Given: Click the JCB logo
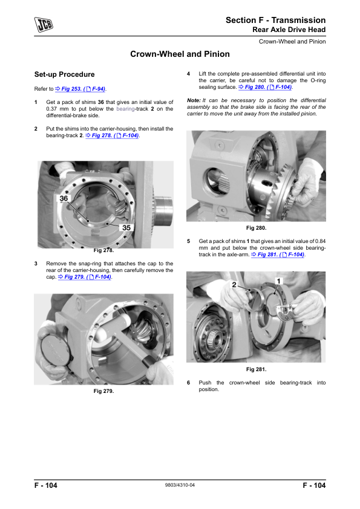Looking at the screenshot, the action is click(x=44, y=25).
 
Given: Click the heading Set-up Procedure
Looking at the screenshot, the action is click(x=64, y=74).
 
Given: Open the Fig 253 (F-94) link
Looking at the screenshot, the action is click(x=80, y=89).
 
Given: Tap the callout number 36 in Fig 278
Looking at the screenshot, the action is click(x=64, y=198).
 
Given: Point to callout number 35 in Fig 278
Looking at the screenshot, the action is click(x=126, y=227).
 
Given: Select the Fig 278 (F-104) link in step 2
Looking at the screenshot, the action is click(x=112, y=135).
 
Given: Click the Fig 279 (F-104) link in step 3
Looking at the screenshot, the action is click(x=85, y=277).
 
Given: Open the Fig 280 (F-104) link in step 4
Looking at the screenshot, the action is click(x=265, y=87).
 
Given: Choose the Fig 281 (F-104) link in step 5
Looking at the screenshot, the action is click(x=278, y=254).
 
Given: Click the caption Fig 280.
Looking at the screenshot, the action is click(x=256, y=228).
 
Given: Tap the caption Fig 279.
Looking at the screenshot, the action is click(x=103, y=391).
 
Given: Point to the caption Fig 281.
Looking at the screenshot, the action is click(x=256, y=369).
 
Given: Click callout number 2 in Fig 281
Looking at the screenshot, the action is click(x=234, y=285).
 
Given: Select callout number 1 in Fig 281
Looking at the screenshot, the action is click(x=278, y=281).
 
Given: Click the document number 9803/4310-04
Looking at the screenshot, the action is click(x=180, y=485).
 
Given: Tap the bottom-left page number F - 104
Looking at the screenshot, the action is click(x=46, y=485).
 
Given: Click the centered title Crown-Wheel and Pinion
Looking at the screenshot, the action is click(x=180, y=54).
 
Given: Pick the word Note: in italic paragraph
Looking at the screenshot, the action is click(x=194, y=100).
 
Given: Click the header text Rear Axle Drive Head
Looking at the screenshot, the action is click(x=289, y=30).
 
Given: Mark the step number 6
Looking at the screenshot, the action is click(x=188, y=383).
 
